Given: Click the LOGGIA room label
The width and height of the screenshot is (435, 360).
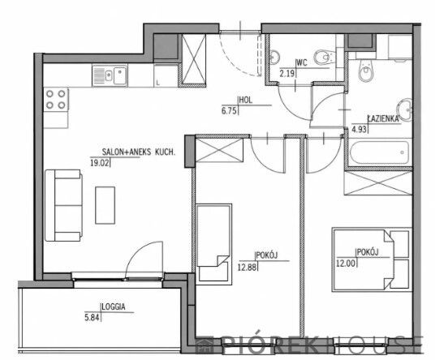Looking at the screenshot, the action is tap(114, 306).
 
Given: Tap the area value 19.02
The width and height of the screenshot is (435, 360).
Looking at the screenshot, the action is tap(100, 163).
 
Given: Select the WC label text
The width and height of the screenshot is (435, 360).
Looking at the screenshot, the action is tap(302, 63).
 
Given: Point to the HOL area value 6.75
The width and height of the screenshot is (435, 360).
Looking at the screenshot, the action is tap(229, 111).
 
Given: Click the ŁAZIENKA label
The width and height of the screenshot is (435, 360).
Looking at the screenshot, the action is tap(383, 118).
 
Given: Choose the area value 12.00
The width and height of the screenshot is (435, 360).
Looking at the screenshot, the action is tap(346, 263).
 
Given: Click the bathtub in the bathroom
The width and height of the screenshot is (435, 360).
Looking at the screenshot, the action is tap(379, 152).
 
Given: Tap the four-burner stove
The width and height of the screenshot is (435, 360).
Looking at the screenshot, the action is tap(56, 100).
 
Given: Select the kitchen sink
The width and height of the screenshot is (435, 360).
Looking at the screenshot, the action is tap(110, 75).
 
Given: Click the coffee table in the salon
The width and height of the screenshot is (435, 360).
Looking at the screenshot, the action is tap(106, 205).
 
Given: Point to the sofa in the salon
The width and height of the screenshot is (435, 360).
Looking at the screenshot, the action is tap(63, 205).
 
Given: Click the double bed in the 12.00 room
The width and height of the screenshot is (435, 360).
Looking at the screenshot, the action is tap(371, 259).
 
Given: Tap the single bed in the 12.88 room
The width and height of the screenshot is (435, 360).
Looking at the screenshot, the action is tap(213, 244).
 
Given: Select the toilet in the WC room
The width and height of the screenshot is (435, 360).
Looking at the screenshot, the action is tap(325, 58).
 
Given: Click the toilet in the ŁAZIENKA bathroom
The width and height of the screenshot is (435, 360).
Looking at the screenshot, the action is tap(365, 71).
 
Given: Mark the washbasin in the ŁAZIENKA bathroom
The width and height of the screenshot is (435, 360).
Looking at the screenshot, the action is tap(404, 110).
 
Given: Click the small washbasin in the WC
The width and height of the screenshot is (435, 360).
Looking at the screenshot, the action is tap(274, 57).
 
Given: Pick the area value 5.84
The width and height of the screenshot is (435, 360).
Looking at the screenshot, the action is tap(92, 317).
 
